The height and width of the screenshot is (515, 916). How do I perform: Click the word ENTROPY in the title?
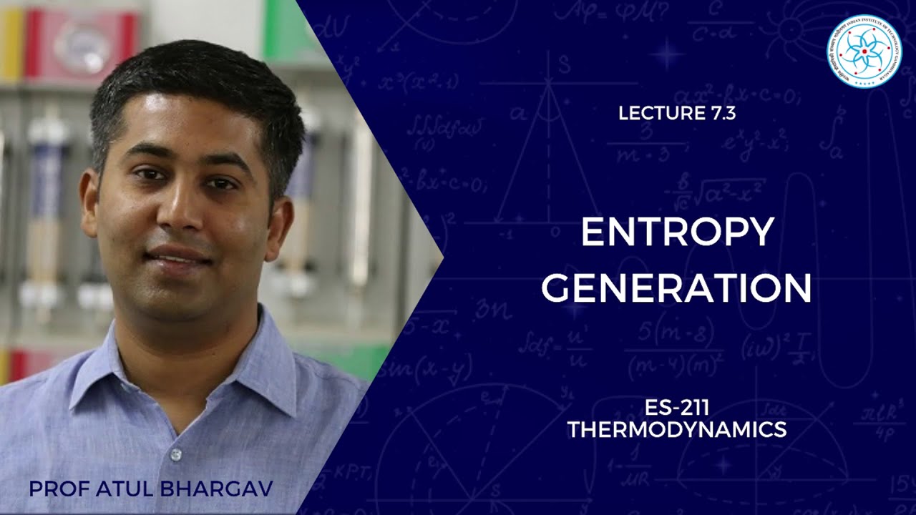point(677,232)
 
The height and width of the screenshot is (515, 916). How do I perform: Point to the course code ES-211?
point(676,409)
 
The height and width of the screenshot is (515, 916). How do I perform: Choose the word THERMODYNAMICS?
point(676,429)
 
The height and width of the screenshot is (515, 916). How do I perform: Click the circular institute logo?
point(864,51)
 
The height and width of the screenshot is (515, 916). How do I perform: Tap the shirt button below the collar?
point(175,455)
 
